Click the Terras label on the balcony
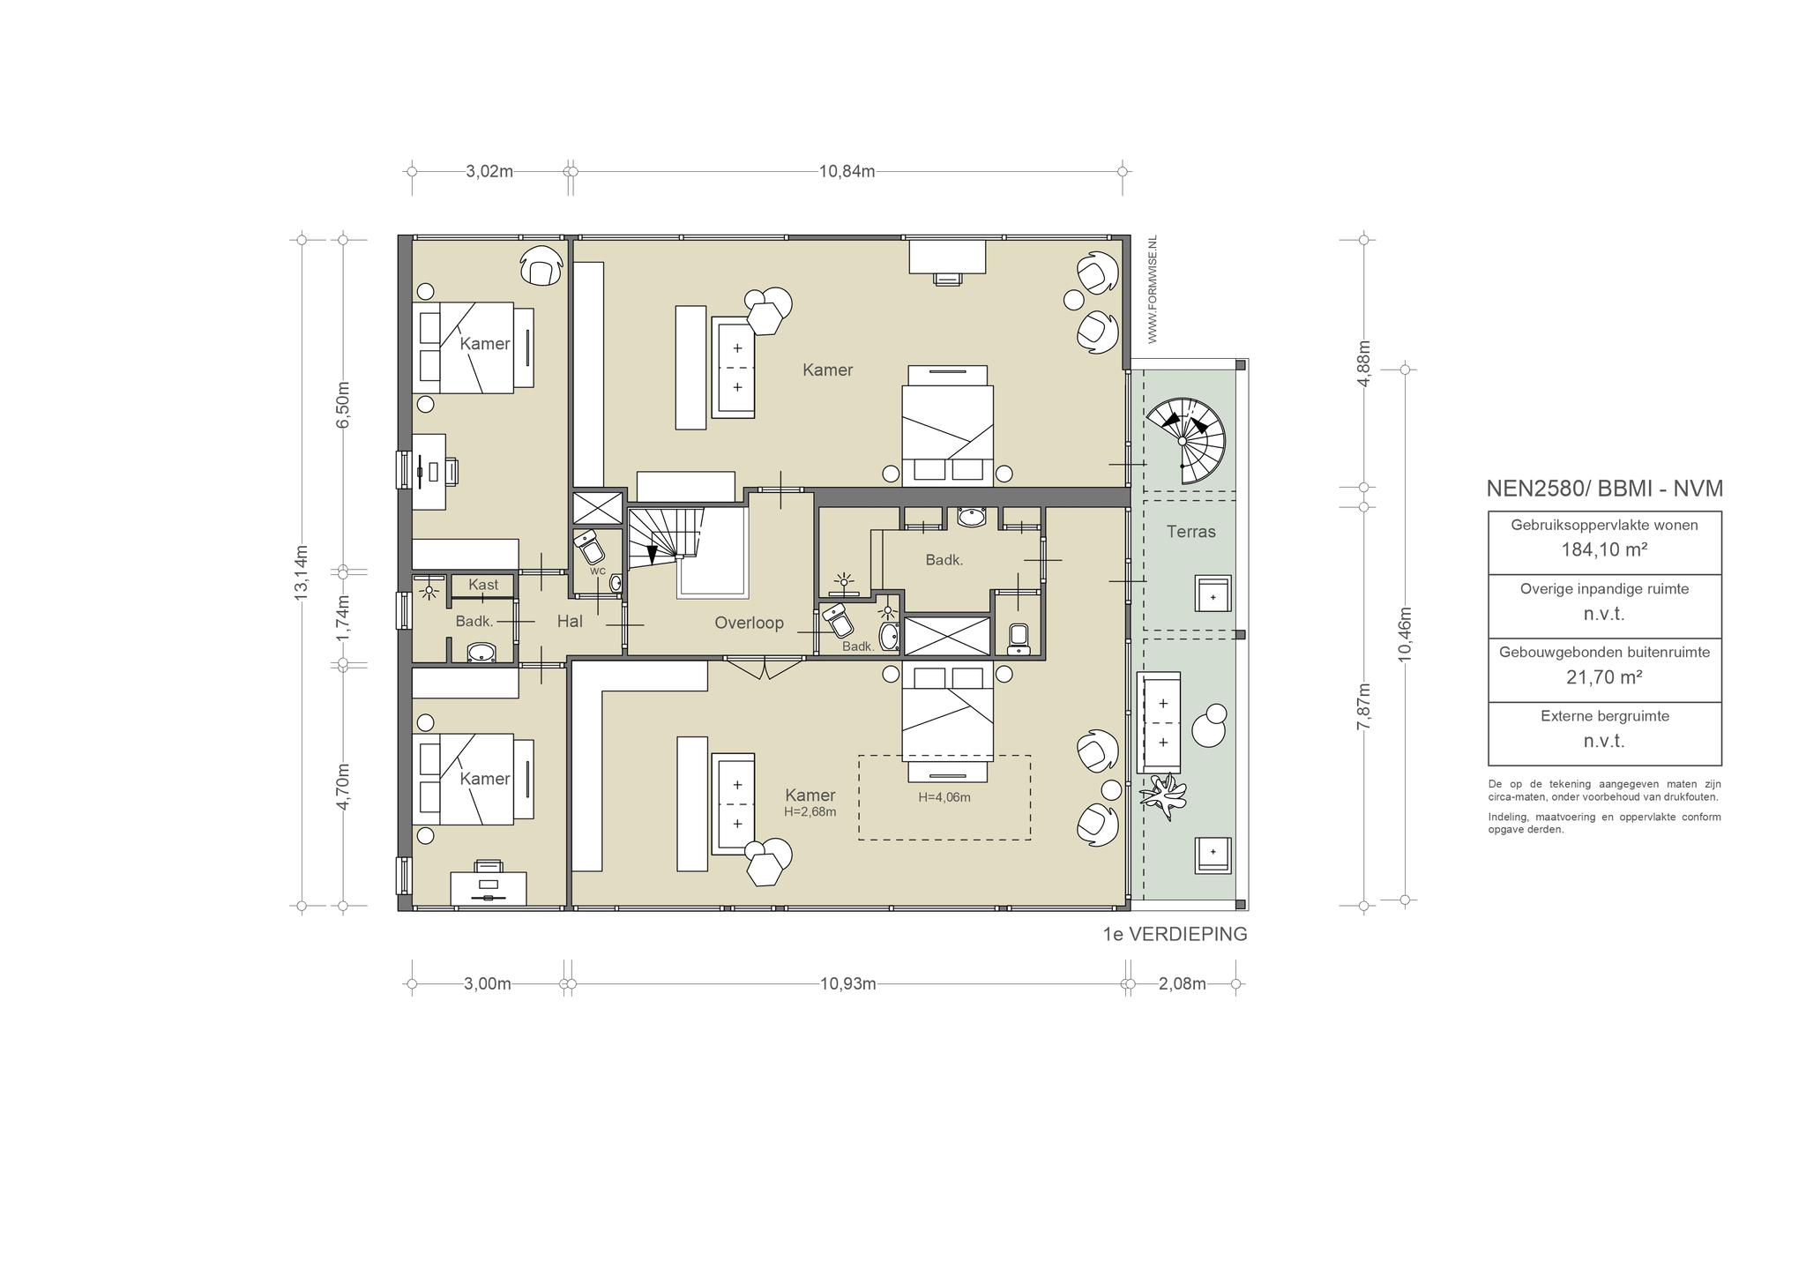(1190, 532)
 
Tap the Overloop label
(749, 623)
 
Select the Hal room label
(570, 621)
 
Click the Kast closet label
(483, 584)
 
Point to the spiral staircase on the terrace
(1186, 440)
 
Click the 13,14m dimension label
(302, 573)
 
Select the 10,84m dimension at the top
(847, 171)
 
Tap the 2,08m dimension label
(1182, 983)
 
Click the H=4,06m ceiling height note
(944, 797)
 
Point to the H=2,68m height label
(810, 811)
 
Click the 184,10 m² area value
(1604, 549)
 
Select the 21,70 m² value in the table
(1604, 677)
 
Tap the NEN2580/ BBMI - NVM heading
(1604, 489)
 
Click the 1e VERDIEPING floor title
(1175, 934)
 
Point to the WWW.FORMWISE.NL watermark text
(1152, 289)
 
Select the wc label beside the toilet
(598, 571)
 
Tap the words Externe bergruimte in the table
(1604, 716)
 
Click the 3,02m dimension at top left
(489, 171)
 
